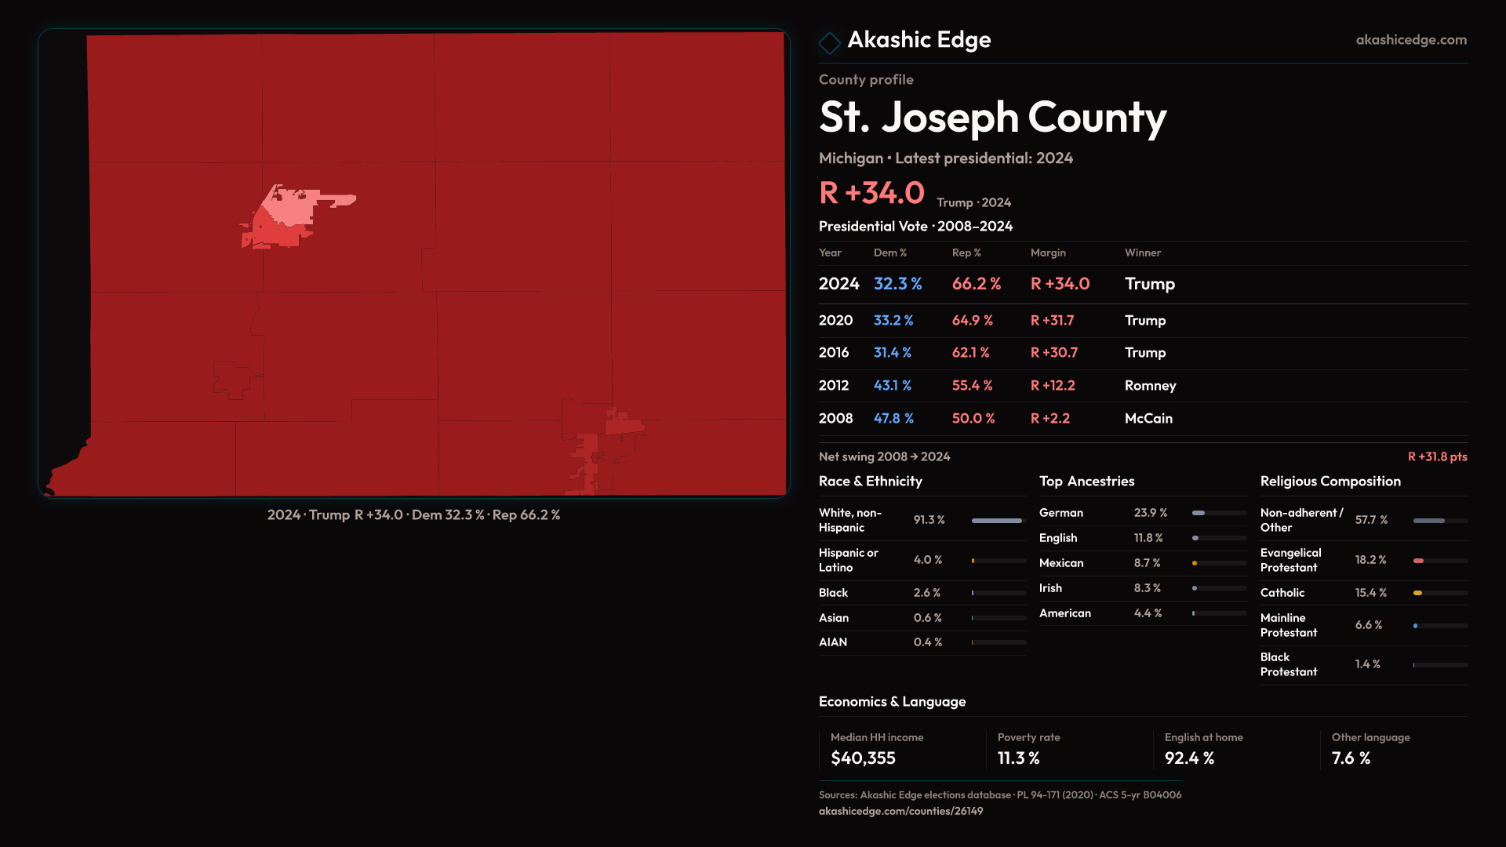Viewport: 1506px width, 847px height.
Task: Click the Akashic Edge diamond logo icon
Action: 829,42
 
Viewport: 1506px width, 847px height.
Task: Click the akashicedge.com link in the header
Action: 1411,40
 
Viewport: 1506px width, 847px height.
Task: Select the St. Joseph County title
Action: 992,118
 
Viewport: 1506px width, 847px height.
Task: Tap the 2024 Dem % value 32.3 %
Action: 897,284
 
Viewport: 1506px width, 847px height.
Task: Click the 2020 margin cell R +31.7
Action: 1052,321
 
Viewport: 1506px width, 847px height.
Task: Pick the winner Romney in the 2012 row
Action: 1150,386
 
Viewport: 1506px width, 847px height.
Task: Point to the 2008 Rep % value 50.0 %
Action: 973,419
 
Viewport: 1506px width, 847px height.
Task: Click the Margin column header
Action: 1048,253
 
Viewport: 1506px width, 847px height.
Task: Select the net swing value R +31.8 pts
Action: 1437,456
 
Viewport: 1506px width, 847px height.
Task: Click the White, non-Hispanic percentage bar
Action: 998,520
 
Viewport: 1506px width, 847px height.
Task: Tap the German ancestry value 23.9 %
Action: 1150,513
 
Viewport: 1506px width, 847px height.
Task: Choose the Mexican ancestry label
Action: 1060,563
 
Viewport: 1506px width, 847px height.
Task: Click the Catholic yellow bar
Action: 1418,593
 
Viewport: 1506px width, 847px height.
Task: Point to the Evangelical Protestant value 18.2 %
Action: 1370,560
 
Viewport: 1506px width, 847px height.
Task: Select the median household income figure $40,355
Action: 863,758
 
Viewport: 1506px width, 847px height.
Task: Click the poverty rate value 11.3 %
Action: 1018,758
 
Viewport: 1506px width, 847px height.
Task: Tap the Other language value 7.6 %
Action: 1351,758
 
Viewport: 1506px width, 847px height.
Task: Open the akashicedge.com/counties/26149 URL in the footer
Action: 900,811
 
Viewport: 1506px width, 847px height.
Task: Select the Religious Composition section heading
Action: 1330,482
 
